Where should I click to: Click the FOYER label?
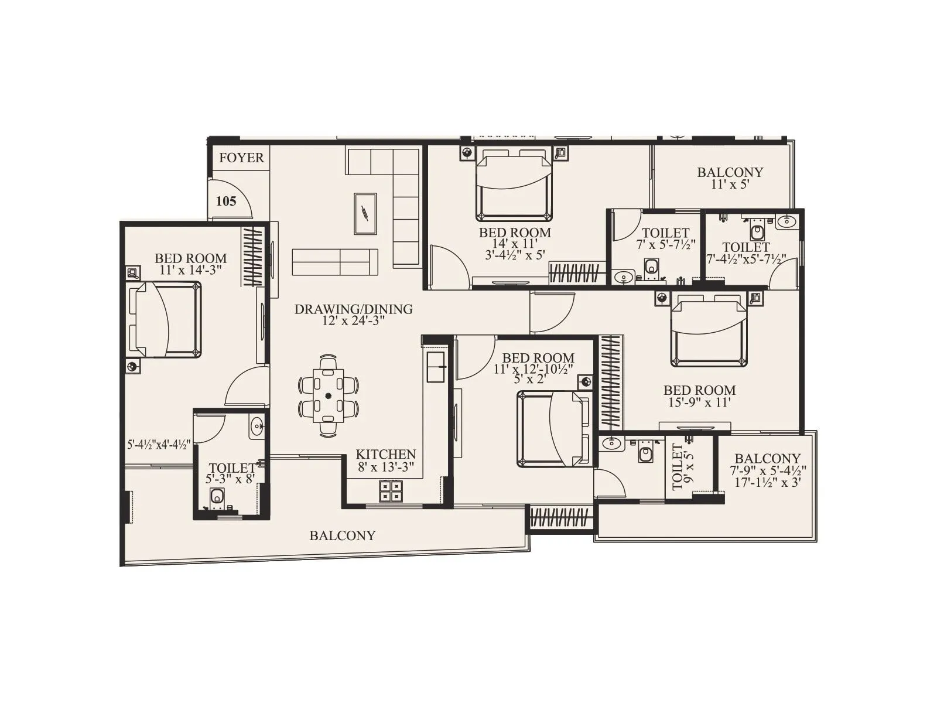pyautogui.click(x=241, y=158)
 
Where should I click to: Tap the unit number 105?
pyautogui.click(x=226, y=202)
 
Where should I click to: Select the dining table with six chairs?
pyautogui.click(x=329, y=395)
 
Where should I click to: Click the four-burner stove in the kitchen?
pyautogui.click(x=391, y=491)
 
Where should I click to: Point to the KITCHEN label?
pyautogui.click(x=385, y=455)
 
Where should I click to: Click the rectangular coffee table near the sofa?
pyautogui.click(x=365, y=214)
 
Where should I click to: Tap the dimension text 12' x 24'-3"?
pyautogui.click(x=353, y=321)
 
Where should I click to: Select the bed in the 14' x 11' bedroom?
pyautogui.click(x=514, y=185)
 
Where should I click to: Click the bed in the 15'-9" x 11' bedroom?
pyautogui.click(x=709, y=330)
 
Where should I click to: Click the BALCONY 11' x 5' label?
pyautogui.click(x=730, y=178)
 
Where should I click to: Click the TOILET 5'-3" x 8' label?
pyautogui.click(x=232, y=473)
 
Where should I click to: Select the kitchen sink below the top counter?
pyautogui.click(x=436, y=367)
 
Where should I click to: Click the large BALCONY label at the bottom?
pyautogui.click(x=342, y=535)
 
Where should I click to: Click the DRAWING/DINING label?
pyautogui.click(x=353, y=309)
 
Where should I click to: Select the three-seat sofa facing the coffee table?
pyautogui.click(x=335, y=262)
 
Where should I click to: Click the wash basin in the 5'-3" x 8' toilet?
pyautogui.click(x=257, y=427)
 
